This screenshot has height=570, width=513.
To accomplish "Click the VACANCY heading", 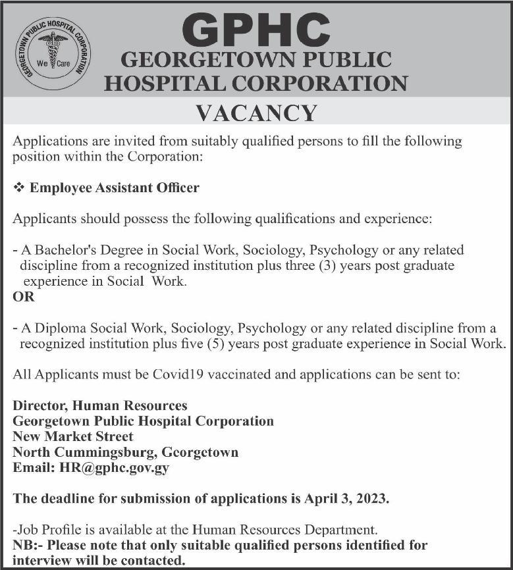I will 257,113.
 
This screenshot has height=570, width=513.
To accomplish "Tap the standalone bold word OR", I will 24,296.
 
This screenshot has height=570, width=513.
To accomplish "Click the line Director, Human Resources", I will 100,405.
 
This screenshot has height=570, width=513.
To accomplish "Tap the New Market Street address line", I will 73,436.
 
